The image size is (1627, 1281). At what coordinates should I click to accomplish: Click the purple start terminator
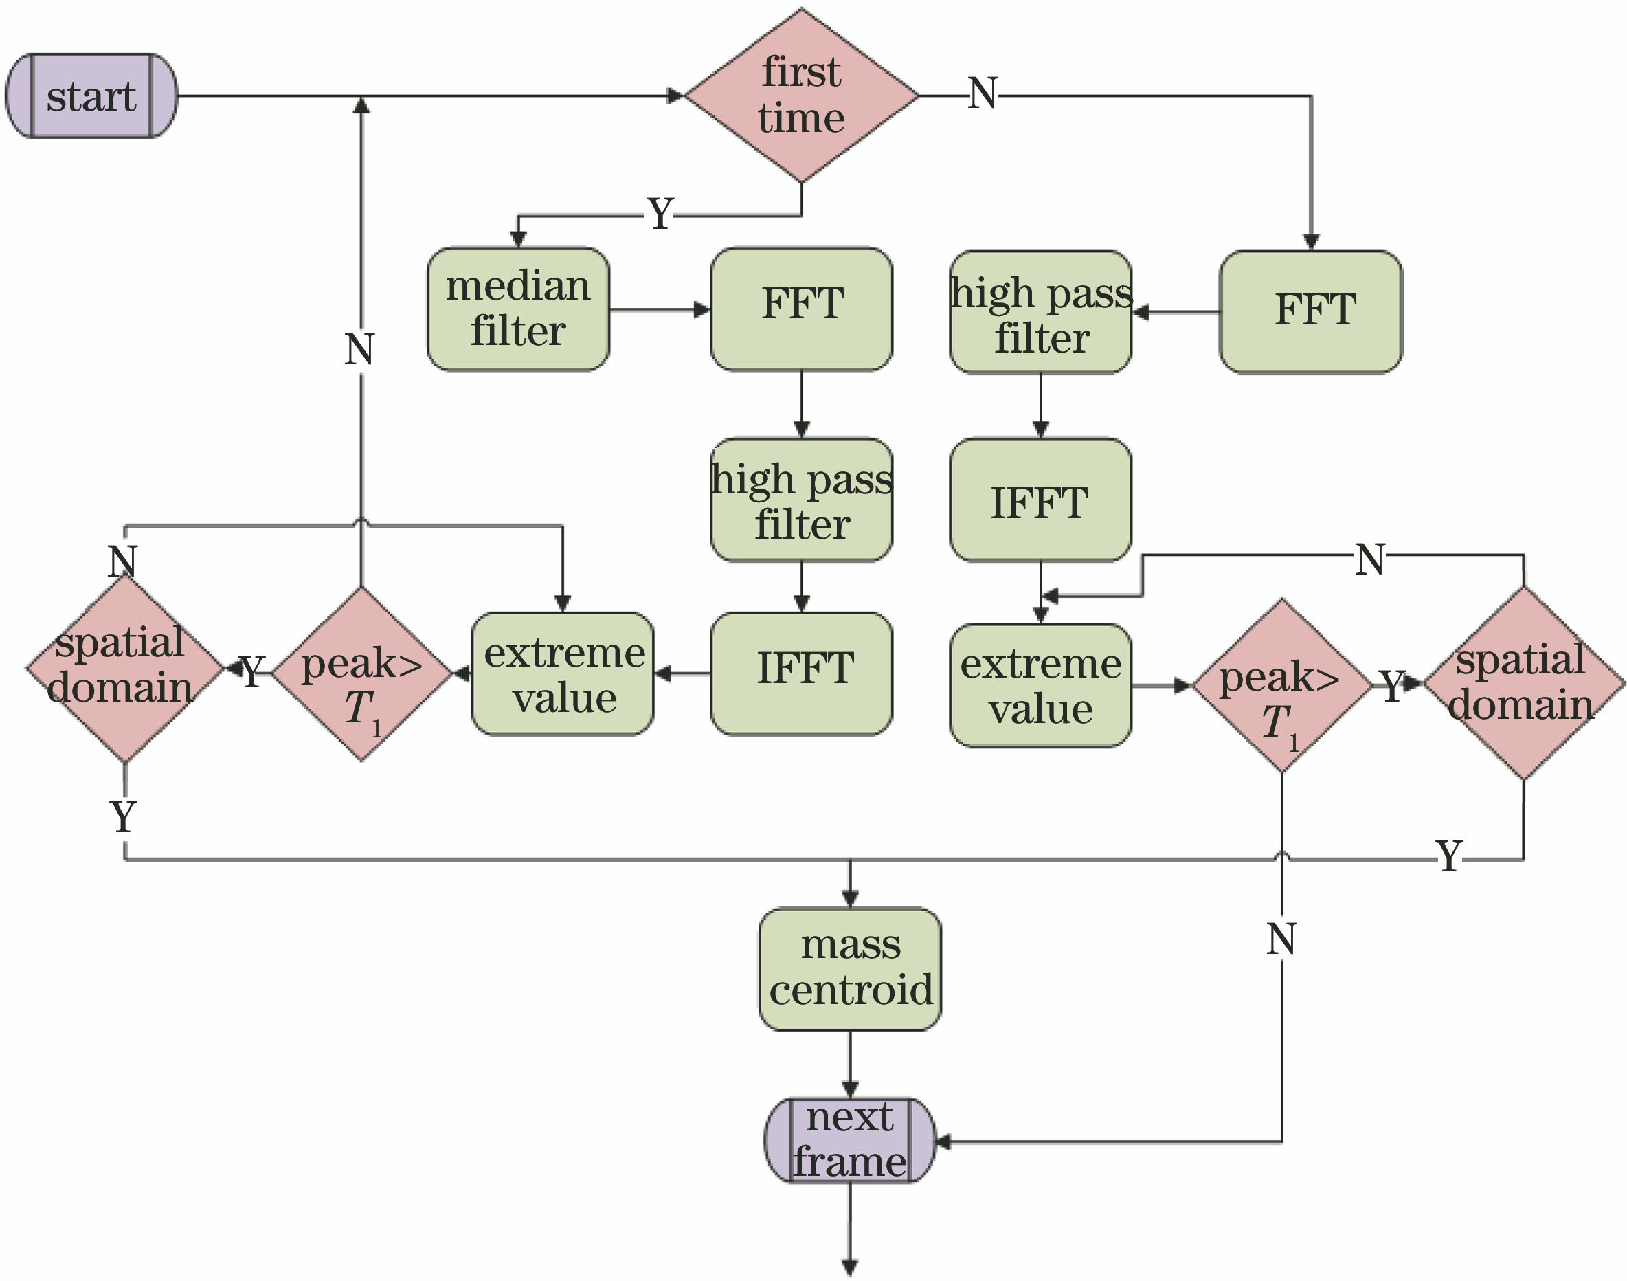click(91, 96)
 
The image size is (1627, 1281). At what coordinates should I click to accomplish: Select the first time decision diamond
click(802, 96)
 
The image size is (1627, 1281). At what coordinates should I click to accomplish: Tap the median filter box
click(518, 309)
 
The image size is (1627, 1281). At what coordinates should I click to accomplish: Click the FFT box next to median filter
click(802, 309)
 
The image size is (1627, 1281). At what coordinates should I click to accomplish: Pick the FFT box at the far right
click(1310, 311)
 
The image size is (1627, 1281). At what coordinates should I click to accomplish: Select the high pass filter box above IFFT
click(1040, 312)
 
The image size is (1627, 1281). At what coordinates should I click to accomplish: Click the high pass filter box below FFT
click(802, 500)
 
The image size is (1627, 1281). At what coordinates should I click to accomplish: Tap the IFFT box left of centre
click(802, 673)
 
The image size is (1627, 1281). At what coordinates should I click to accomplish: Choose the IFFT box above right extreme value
click(1040, 500)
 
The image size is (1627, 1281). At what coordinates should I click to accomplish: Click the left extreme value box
click(562, 673)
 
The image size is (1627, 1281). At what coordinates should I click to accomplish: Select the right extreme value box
click(1040, 684)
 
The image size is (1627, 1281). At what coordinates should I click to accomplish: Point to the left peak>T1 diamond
click(362, 673)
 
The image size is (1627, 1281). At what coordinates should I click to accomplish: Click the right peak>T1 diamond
click(1281, 684)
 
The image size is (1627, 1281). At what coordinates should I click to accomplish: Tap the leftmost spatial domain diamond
click(124, 667)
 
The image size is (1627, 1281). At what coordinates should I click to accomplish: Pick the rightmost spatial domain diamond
click(1523, 683)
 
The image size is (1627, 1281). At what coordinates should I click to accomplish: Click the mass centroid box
click(849, 968)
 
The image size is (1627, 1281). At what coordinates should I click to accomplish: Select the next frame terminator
click(849, 1141)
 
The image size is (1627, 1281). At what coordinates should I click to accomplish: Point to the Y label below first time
click(660, 214)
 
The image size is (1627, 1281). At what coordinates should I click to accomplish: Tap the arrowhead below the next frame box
click(849, 1267)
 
